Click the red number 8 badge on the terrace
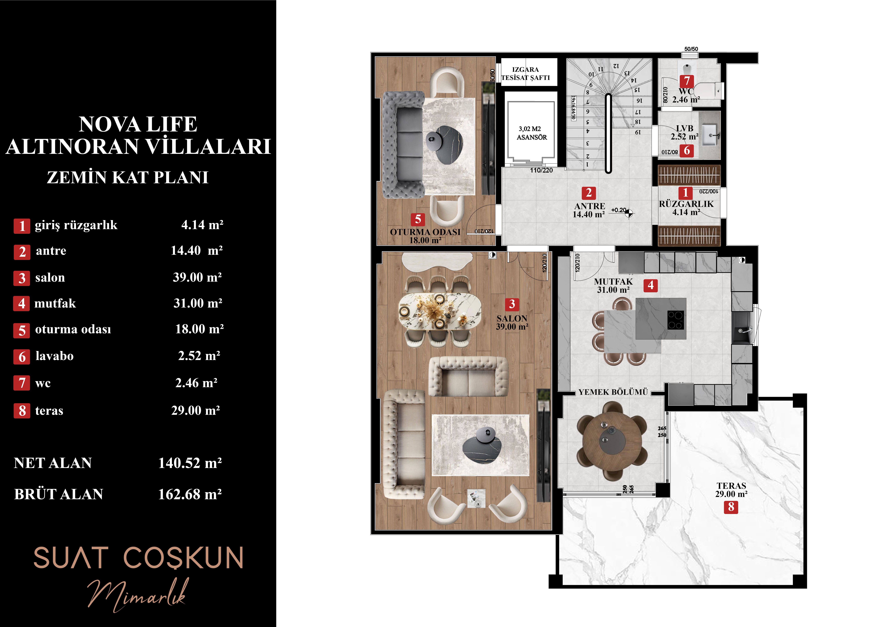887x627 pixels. click(731, 507)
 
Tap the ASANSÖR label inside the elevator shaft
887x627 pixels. click(532, 137)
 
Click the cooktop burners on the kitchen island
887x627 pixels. click(675, 320)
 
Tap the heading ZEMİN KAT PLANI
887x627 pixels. click(128, 178)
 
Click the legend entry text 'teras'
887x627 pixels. click(49, 411)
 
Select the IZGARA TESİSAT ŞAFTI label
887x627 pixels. click(525, 73)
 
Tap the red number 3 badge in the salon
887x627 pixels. click(512, 304)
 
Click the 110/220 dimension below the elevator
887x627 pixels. click(541, 170)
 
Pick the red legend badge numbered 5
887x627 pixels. click(22, 330)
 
